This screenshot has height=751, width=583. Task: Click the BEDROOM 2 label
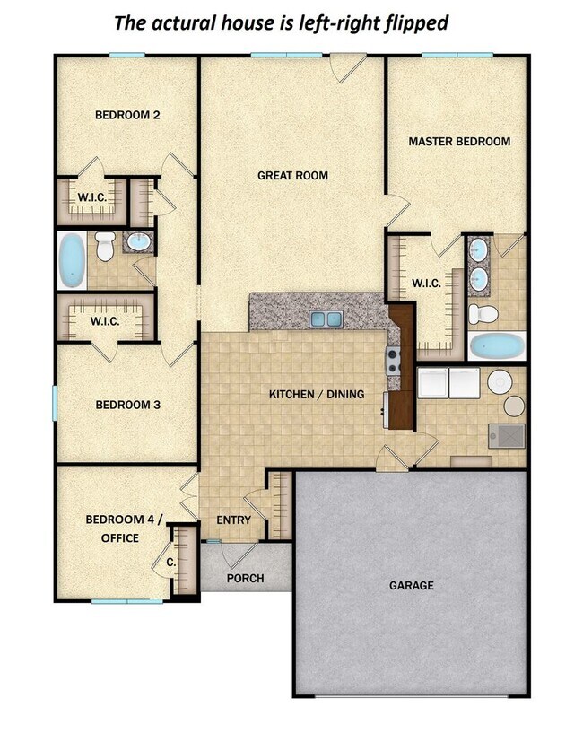click(x=127, y=115)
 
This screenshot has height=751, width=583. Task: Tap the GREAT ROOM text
click(x=292, y=176)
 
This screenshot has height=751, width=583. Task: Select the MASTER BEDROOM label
click(x=459, y=142)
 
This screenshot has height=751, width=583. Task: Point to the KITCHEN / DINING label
click(x=318, y=394)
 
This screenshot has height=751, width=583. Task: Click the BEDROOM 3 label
click(x=127, y=405)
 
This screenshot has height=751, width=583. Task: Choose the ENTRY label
click(x=233, y=520)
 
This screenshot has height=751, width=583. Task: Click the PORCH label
click(x=245, y=578)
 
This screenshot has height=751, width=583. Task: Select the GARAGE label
click(x=411, y=585)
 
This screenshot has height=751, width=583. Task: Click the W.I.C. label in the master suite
click(x=426, y=284)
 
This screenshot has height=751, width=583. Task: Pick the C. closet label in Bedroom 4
click(x=170, y=563)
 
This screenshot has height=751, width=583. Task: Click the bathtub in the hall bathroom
click(x=72, y=260)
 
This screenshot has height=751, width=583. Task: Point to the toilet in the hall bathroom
click(x=106, y=246)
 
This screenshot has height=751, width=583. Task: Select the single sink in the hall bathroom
click(x=139, y=242)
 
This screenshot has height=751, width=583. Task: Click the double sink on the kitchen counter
click(x=326, y=319)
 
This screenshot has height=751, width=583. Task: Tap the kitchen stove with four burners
click(x=393, y=362)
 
